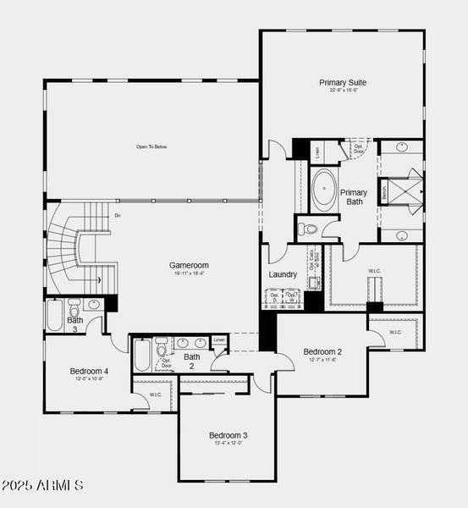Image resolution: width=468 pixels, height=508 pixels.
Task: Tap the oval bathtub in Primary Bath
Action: pyautogui.click(x=324, y=190)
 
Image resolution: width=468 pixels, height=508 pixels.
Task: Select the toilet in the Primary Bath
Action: pyautogui.click(x=309, y=229)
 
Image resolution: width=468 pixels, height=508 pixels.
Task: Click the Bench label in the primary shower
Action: pyautogui.click(x=385, y=191)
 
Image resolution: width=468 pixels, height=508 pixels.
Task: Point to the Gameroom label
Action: pyautogui.click(x=188, y=265)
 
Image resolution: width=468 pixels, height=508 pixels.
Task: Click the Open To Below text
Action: pyautogui.click(x=151, y=146)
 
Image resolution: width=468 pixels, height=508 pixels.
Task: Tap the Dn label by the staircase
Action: pyautogui.click(x=118, y=215)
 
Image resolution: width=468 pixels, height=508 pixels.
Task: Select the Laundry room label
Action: pyautogui.click(x=282, y=274)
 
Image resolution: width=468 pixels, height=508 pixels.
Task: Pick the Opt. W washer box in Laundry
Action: pyautogui.click(x=292, y=296)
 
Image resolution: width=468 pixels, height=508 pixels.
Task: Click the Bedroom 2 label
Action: pyautogui.click(x=322, y=351)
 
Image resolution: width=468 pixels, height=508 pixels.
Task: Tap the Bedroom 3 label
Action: pyautogui.click(x=228, y=435)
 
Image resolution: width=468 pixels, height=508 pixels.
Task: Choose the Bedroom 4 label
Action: pyautogui.click(x=89, y=371)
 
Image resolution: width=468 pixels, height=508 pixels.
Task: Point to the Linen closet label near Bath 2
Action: pyautogui.click(x=219, y=340)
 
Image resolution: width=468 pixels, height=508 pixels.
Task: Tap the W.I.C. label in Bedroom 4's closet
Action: pyautogui.click(x=156, y=395)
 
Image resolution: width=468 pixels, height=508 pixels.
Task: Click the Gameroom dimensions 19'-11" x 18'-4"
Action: pyautogui.click(x=188, y=273)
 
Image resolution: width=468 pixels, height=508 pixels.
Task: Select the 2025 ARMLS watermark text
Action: pyautogui.click(x=42, y=486)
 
